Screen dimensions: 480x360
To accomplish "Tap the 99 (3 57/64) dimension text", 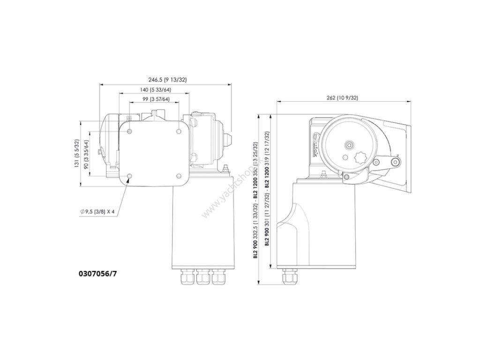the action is (156, 99).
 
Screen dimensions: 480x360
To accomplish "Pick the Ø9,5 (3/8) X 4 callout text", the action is (97, 212).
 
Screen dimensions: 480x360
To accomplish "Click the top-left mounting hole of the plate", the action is (130, 131).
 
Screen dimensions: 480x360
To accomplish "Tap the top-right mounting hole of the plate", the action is (179, 131).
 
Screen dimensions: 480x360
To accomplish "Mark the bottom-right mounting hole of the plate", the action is (179, 176).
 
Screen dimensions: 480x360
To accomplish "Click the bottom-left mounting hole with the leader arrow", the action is (130, 176).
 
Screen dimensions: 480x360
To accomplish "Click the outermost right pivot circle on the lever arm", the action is (396, 162).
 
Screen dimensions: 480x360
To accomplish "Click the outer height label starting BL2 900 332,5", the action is (255, 199).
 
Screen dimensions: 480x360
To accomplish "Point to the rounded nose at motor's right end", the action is (229, 139).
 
